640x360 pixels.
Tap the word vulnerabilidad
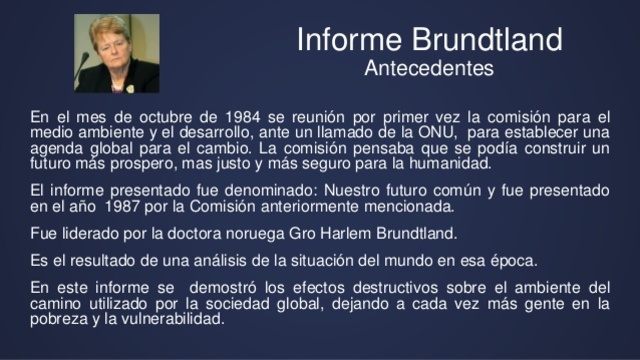click(167, 320)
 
